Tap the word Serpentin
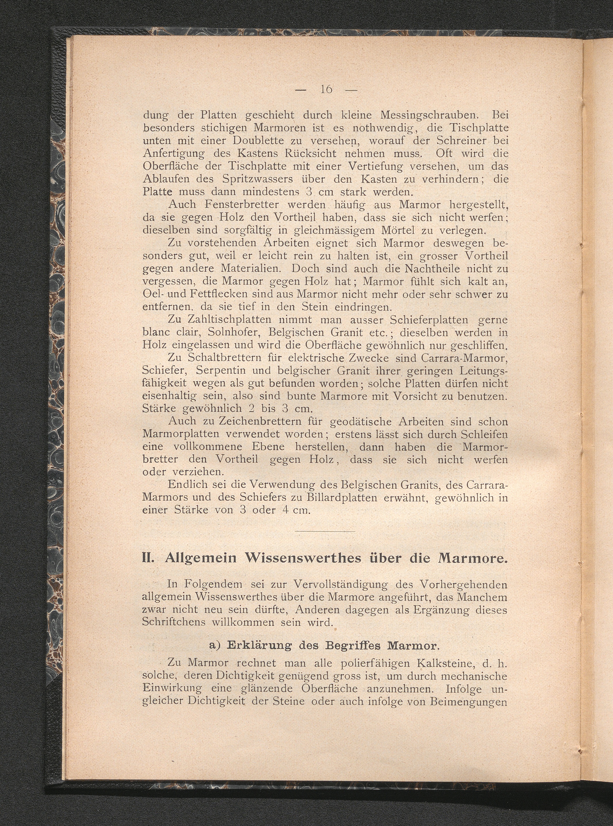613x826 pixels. tap(221, 371)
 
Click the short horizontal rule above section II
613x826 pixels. tap(325, 532)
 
